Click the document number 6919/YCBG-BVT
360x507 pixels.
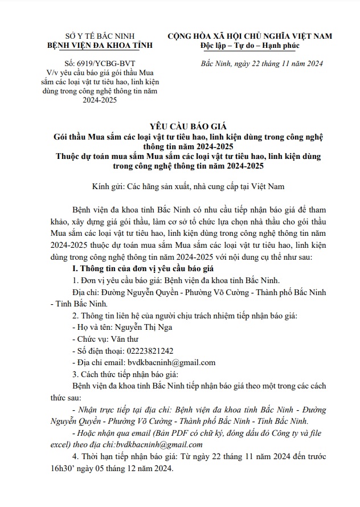(x=96, y=63)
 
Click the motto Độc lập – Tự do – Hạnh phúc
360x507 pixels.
(x=249, y=45)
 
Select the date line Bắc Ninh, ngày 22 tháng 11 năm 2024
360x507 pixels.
(x=263, y=63)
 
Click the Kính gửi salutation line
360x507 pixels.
(x=187, y=186)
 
